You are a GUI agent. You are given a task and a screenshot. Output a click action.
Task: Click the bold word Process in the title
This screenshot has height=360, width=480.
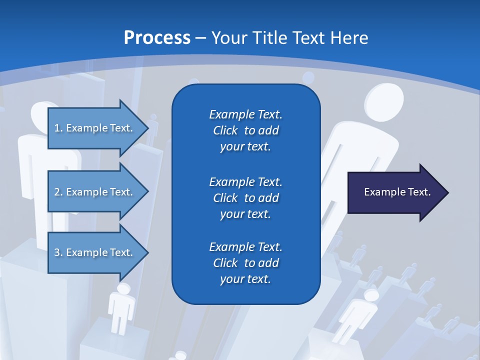pyautogui.click(x=157, y=38)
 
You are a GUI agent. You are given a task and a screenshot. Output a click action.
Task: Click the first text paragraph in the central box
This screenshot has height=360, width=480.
pyautogui.click(x=245, y=130)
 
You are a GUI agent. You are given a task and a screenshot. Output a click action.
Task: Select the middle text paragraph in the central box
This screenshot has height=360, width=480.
pyautogui.click(x=245, y=198)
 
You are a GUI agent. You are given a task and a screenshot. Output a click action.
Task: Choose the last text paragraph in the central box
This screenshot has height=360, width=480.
pyautogui.click(x=245, y=263)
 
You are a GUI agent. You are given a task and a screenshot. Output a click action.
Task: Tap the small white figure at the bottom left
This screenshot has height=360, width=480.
pyautogui.click(x=121, y=305)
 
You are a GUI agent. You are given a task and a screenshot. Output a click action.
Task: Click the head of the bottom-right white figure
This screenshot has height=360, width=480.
pyautogui.click(x=371, y=296)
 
